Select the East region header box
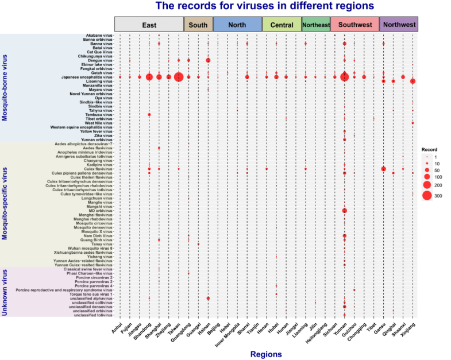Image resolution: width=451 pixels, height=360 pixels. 149,25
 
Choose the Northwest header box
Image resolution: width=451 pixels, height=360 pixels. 399,25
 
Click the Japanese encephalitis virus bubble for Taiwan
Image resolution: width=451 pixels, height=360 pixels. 179,77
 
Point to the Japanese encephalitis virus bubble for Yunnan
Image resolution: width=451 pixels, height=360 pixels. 344,77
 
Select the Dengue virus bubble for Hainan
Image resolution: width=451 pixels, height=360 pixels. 208,60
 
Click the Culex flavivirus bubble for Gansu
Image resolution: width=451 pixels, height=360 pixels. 383,169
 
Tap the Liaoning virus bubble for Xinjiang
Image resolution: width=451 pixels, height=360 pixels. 413,82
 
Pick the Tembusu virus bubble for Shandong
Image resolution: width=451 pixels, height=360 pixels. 149,115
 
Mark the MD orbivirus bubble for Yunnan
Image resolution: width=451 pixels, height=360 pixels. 344,211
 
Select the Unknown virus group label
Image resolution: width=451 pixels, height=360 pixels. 5,292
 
